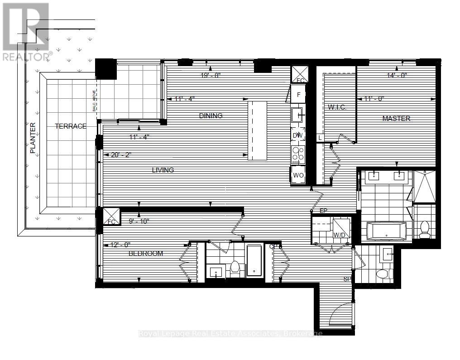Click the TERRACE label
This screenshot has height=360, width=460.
(71, 126)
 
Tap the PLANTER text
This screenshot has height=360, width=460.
(33, 138)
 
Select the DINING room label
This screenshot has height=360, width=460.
(211, 115)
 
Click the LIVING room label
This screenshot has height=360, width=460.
(163, 170)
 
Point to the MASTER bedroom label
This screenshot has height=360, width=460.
(396, 119)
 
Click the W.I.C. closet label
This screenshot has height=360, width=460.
(336, 107)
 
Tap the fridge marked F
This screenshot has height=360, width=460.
(298, 95)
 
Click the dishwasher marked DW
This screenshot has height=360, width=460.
(298, 135)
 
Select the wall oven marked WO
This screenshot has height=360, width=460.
(298, 175)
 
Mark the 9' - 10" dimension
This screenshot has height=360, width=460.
(138, 221)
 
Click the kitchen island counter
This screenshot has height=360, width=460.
(257, 130)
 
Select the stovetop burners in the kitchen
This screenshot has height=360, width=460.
(298, 155)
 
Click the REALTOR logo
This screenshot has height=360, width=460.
(26, 32)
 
